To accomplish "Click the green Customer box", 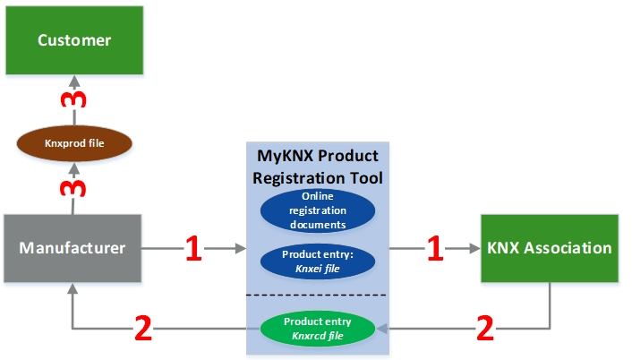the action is click(74, 40).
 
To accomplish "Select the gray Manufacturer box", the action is click(73, 248).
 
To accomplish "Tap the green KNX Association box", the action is click(550, 248).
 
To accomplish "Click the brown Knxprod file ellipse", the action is click(74, 143).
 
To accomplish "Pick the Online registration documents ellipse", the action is click(318, 210).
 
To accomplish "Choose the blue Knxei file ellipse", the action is click(318, 261).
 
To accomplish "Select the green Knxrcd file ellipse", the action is click(318, 329).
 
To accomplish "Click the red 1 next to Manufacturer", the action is click(193, 248).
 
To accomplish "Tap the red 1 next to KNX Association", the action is click(435, 248).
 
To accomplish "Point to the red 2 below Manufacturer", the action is click(143, 329).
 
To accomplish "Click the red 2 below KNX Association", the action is click(485, 329).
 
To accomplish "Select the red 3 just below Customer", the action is click(73, 99).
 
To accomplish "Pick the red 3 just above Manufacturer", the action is click(73, 188).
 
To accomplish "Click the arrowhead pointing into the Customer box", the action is click(74, 81).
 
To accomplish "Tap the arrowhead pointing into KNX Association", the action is click(474, 248).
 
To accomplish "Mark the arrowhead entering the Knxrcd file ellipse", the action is click(382, 329).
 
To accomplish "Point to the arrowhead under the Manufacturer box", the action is click(73, 288).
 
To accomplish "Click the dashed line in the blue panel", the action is click(317, 296).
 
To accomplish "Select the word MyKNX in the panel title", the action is click(284, 156).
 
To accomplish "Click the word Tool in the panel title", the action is click(367, 178).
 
